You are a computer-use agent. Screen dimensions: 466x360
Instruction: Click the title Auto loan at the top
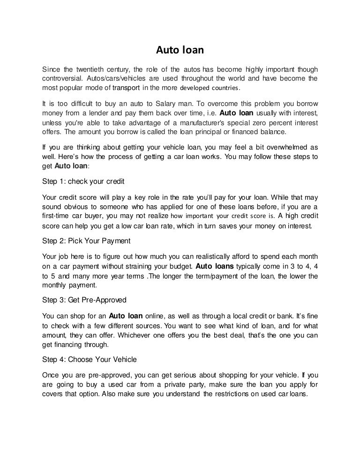tap(180, 49)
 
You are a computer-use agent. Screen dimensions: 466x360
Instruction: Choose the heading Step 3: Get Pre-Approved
tap(84, 300)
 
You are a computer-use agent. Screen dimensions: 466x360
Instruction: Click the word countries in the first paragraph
tap(224, 88)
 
